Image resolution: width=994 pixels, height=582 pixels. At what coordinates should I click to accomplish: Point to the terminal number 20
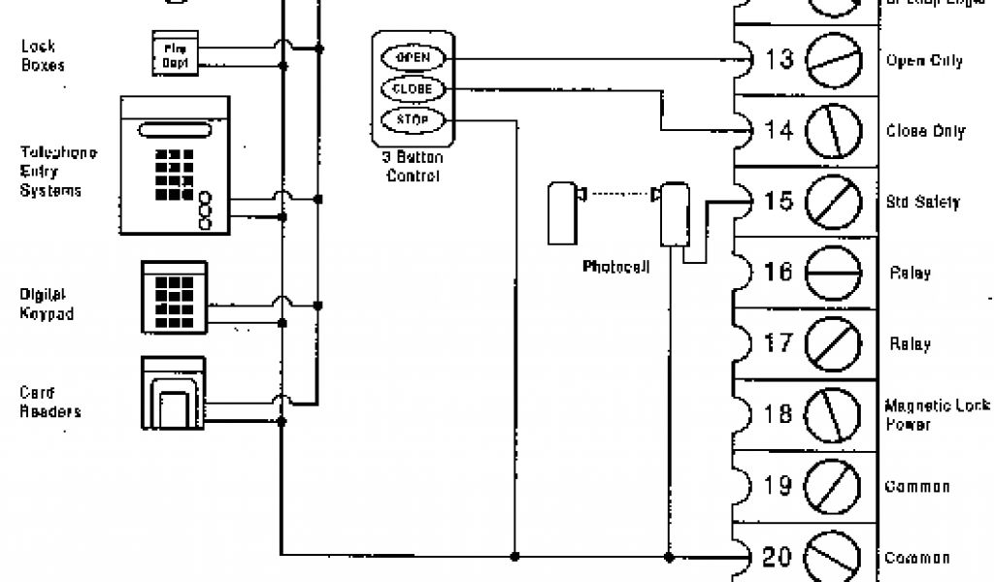(x=778, y=557)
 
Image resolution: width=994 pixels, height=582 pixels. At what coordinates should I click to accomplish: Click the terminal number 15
(x=778, y=202)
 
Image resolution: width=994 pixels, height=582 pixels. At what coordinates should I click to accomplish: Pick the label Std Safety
(x=922, y=203)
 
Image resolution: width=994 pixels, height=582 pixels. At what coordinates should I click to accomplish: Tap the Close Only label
(x=925, y=131)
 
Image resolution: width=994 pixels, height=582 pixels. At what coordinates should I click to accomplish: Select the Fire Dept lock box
(x=176, y=51)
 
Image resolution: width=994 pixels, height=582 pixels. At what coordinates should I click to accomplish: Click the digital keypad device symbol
(x=174, y=295)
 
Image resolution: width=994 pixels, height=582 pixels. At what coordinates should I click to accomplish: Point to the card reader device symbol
(x=173, y=392)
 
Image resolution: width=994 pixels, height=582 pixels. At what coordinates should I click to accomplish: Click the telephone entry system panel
(x=175, y=166)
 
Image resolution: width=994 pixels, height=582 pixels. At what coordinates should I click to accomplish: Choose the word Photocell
(x=615, y=265)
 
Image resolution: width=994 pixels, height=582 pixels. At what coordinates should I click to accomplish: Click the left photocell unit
(x=561, y=213)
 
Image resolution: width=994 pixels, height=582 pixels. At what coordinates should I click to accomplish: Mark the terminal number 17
(x=778, y=343)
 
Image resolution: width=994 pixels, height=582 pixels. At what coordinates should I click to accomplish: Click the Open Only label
(x=924, y=60)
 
